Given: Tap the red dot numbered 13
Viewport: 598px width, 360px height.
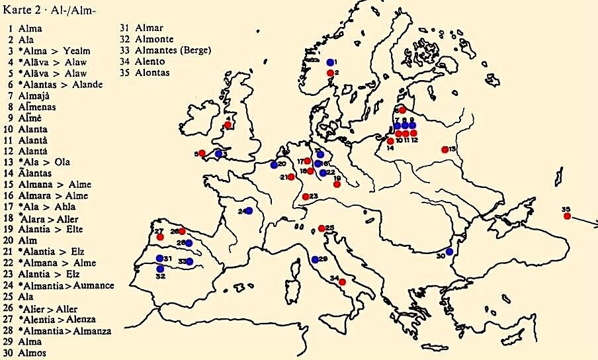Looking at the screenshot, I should point(445,150).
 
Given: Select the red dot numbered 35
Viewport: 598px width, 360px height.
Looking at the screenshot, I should point(567,216).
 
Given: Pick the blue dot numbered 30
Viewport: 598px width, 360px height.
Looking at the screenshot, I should point(449,251).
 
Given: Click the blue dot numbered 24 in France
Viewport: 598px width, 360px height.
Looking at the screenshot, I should point(249,210).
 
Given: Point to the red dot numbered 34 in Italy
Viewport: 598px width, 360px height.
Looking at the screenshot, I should point(342,282).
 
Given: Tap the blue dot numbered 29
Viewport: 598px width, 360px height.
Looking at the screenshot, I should point(315,259).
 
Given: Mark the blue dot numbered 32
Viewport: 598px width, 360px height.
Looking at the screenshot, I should point(160,269).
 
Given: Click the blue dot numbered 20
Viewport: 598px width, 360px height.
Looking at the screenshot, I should point(274,165).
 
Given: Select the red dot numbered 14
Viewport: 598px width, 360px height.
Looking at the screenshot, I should point(391,141).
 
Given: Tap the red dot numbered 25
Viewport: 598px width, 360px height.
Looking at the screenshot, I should point(321,228).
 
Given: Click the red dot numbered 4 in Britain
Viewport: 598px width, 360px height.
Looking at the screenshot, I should point(228,124).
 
